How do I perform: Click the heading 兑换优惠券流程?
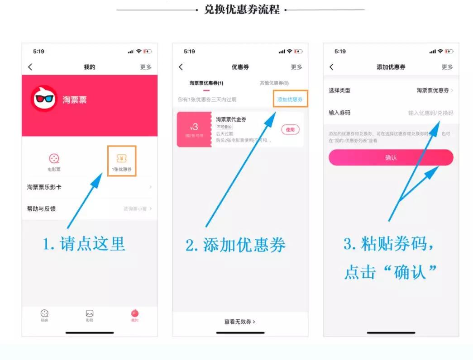pos(242,9)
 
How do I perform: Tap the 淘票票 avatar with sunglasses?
pos(44,99)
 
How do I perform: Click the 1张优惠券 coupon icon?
pos(122,159)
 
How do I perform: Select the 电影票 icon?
pos(54,159)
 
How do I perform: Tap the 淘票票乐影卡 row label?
pos(44,187)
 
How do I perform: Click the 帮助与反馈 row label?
pos(42,208)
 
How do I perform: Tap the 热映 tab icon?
pos(44,313)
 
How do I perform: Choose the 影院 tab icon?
pos(90,313)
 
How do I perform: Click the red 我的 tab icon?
pos(135,313)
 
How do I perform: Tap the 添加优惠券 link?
pos(290,99)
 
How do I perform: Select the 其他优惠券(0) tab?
pos(274,83)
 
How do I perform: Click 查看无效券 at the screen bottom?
pos(240,322)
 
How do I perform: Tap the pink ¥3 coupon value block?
pos(194,129)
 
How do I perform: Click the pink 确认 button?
pos(391,157)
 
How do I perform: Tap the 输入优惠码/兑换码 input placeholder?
pos(430,113)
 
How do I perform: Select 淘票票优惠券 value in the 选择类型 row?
pos(433,90)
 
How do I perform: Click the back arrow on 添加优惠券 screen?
pos(331,67)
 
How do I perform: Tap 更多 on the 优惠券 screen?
pos(296,67)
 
